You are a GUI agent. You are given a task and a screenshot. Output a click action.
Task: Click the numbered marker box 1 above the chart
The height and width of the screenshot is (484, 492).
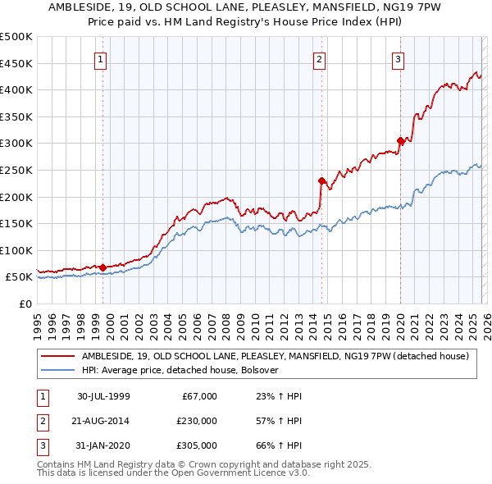point(100,58)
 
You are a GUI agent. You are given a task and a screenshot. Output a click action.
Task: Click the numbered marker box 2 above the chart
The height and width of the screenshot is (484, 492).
point(319,58)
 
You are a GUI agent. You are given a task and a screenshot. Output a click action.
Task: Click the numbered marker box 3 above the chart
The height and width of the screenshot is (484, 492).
point(398,58)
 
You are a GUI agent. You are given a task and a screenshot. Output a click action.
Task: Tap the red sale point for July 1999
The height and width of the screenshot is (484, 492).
point(102,267)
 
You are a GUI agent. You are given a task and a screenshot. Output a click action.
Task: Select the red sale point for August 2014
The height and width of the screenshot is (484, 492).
point(321,180)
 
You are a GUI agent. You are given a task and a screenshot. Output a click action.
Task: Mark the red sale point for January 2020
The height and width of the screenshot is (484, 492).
point(400,140)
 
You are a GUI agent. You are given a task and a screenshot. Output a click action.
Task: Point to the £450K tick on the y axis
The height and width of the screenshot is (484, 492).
point(16,63)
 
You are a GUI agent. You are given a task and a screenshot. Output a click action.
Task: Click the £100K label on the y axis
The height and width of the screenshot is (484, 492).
point(16,250)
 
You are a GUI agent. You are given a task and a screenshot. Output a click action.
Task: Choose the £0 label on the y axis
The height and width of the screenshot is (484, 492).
point(25,304)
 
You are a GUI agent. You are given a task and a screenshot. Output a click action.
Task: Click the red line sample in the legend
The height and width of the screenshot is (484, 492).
point(58,356)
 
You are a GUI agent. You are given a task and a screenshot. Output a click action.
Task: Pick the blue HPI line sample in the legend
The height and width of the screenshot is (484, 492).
point(58,370)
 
